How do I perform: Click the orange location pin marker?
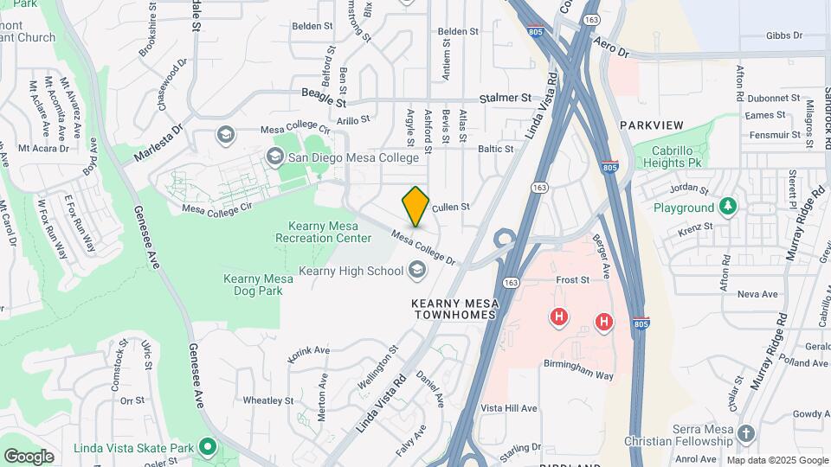pyautogui.click(x=416, y=206)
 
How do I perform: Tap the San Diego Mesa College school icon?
pyautogui.click(x=275, y=157)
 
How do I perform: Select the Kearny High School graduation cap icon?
pyautogui.click(x=417, y=272)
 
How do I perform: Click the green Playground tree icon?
pyautogui.click(x=729, y=207)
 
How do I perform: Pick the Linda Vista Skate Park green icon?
pyautogui.click(x=207, y=446)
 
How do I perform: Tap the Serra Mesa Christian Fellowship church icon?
pyautogui.click(x=746, y=432)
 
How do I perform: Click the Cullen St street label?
pyautogui.click(x=450, y=208)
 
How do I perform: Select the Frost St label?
pyautogui.click(x=572, y=280)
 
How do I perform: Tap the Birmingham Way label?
pyautogui.click(x=579, y=375)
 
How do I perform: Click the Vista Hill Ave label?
pyautogui.click(x=509, y=408)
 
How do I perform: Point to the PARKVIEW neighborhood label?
pyautogui.click(x=652, y=125)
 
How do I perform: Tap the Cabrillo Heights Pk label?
pyautogui.click(x=667, y=156)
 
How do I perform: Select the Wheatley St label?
pyautogui.click(x=268, y=400)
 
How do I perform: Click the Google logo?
pyautogui.click(x=29, y=456)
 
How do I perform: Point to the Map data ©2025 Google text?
pyautogui.click(x=776, y=460)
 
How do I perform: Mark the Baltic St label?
pyautogui.click(x=497, y=149)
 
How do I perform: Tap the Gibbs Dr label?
pyautogui.click(x=784, y=36)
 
